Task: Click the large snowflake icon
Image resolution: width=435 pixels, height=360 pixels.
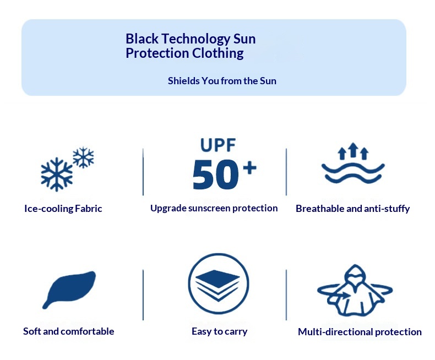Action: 57,174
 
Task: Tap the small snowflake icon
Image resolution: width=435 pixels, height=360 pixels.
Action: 83,157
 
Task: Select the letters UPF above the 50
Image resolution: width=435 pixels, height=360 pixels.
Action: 218,145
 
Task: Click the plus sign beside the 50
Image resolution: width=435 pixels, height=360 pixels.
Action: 249,167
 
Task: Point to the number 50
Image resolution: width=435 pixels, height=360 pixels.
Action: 215,174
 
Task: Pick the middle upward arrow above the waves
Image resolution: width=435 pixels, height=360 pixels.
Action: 353,150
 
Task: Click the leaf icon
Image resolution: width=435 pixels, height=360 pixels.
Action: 69,290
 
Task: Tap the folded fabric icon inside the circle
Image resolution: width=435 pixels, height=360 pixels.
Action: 218,285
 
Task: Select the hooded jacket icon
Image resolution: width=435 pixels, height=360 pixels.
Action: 355,291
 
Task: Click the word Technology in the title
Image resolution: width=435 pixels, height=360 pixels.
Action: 196,39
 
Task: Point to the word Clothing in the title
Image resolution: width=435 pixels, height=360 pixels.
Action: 218,53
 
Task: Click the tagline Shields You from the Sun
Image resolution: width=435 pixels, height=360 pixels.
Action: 222,81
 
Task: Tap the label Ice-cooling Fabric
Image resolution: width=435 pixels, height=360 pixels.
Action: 63,209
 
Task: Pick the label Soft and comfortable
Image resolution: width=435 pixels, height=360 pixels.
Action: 68,331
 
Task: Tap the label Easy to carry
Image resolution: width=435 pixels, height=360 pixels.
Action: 220,331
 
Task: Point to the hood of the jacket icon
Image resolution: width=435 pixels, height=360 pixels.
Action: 355,273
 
